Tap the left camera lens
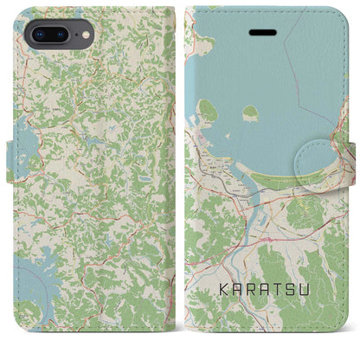click(x=38, y=35)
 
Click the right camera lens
click(x=61, y=35)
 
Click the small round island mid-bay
click(x=250, y=112)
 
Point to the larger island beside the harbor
click(x=208, y=110)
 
